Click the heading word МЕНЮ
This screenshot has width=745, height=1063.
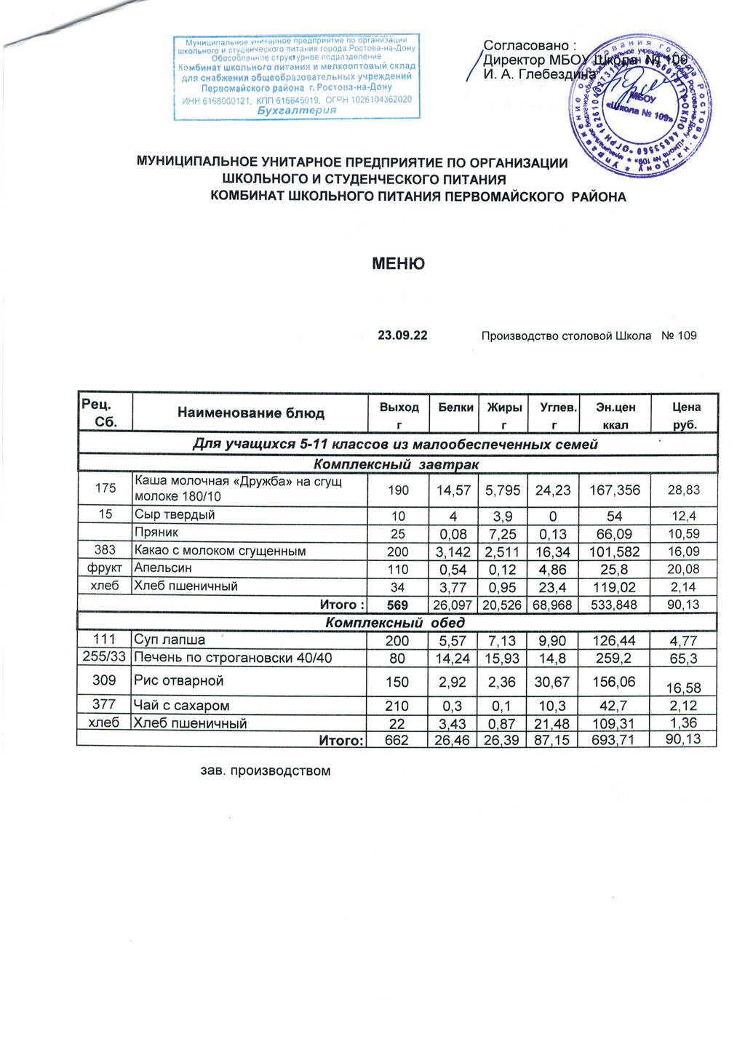click(398, 263)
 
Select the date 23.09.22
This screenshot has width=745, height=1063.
click(402, 335)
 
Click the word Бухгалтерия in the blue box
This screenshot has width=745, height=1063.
click(297, 111)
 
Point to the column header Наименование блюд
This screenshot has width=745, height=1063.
click(251, 413)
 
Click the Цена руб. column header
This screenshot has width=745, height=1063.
click(685, 415)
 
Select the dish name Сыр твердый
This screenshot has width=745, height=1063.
click(175, 515)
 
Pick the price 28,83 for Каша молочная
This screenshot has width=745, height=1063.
click(684, 490)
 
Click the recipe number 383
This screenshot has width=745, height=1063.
click(105, 551)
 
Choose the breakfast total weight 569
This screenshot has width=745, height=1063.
click(398, 605)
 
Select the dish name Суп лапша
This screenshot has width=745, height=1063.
click(170, 640)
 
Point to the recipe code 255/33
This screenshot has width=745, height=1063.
click(105, 658)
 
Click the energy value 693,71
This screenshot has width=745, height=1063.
click(614, 741)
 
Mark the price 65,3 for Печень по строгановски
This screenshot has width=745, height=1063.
click(684, 658)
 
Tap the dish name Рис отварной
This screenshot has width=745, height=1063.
click(179, 681)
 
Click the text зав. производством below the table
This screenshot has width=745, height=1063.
click(266, 771)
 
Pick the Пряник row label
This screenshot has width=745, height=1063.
click(156, 533)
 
